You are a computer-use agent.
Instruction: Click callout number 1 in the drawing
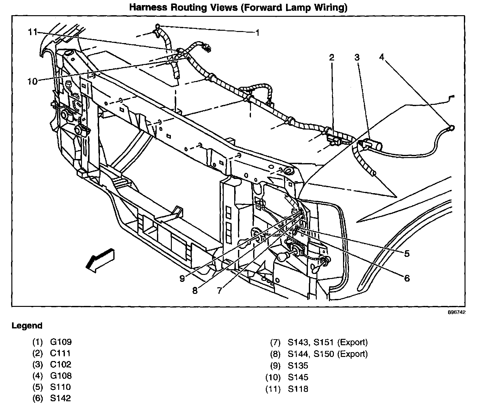click(258, 33)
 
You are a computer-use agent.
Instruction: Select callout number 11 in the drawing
click(32, 32)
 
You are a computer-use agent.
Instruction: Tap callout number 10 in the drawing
click(32, 81)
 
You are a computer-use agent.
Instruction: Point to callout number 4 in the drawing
click(382, 57)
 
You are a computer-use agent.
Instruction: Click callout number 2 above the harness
click(331, 57)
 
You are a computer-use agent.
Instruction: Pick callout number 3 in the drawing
click(357, 57)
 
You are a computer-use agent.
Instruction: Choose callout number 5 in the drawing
click(407, 253)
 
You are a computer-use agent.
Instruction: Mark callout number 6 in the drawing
click(407, 278)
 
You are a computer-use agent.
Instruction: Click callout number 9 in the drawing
click(182, 278)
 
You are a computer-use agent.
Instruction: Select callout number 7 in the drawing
click(220, 290)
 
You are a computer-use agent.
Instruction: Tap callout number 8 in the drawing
click(195, 290)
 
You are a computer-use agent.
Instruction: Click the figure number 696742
click(457, 312)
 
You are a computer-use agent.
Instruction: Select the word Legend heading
click(27, 326)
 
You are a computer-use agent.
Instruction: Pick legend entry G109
click(61, 342)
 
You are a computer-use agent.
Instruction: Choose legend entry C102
click(61, 365)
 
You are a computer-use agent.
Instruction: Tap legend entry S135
click(298, 366)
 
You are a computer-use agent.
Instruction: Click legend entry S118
click(298, 389)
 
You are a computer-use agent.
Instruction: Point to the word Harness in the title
click(151, 8)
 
